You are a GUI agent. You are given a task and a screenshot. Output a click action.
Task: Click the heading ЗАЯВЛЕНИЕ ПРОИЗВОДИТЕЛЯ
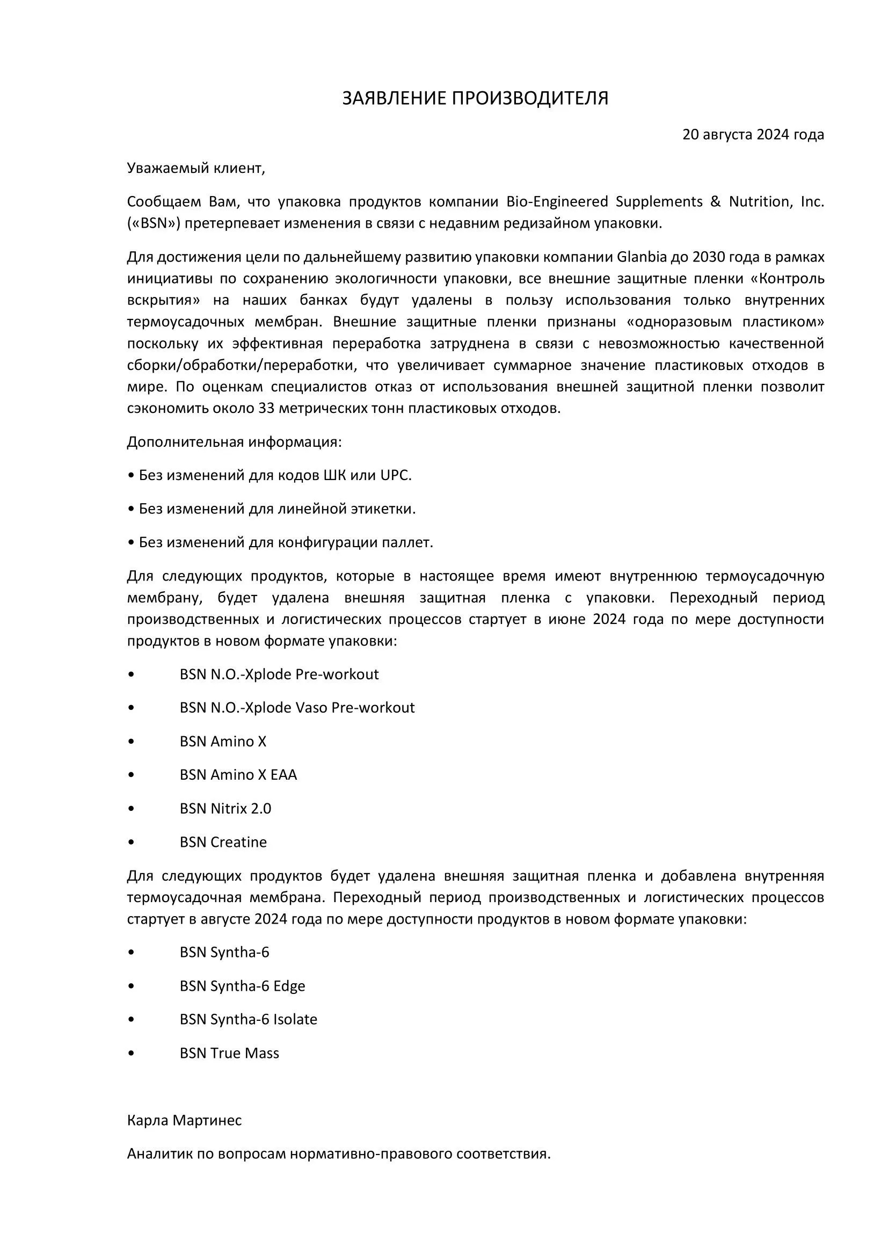475,98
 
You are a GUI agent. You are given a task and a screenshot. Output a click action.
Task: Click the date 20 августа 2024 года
752,135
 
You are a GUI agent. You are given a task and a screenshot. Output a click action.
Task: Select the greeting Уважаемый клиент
196,169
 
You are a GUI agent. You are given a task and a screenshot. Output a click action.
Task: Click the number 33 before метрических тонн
267,409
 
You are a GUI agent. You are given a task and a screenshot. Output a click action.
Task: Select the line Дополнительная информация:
234,442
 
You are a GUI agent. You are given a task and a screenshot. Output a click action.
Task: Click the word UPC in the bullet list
394,475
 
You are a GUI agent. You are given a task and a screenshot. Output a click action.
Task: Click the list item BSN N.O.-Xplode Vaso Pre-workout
297,708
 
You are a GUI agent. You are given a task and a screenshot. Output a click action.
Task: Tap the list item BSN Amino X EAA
238,775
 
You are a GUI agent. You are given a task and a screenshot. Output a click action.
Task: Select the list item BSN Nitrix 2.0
225,809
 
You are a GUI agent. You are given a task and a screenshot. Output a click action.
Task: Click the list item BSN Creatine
223,843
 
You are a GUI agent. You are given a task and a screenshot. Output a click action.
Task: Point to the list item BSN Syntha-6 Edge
242,986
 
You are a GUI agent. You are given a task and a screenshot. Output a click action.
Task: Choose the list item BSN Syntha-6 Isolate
248,1020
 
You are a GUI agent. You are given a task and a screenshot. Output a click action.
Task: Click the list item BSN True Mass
229,1054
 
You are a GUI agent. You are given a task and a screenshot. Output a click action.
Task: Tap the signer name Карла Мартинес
184,1121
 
